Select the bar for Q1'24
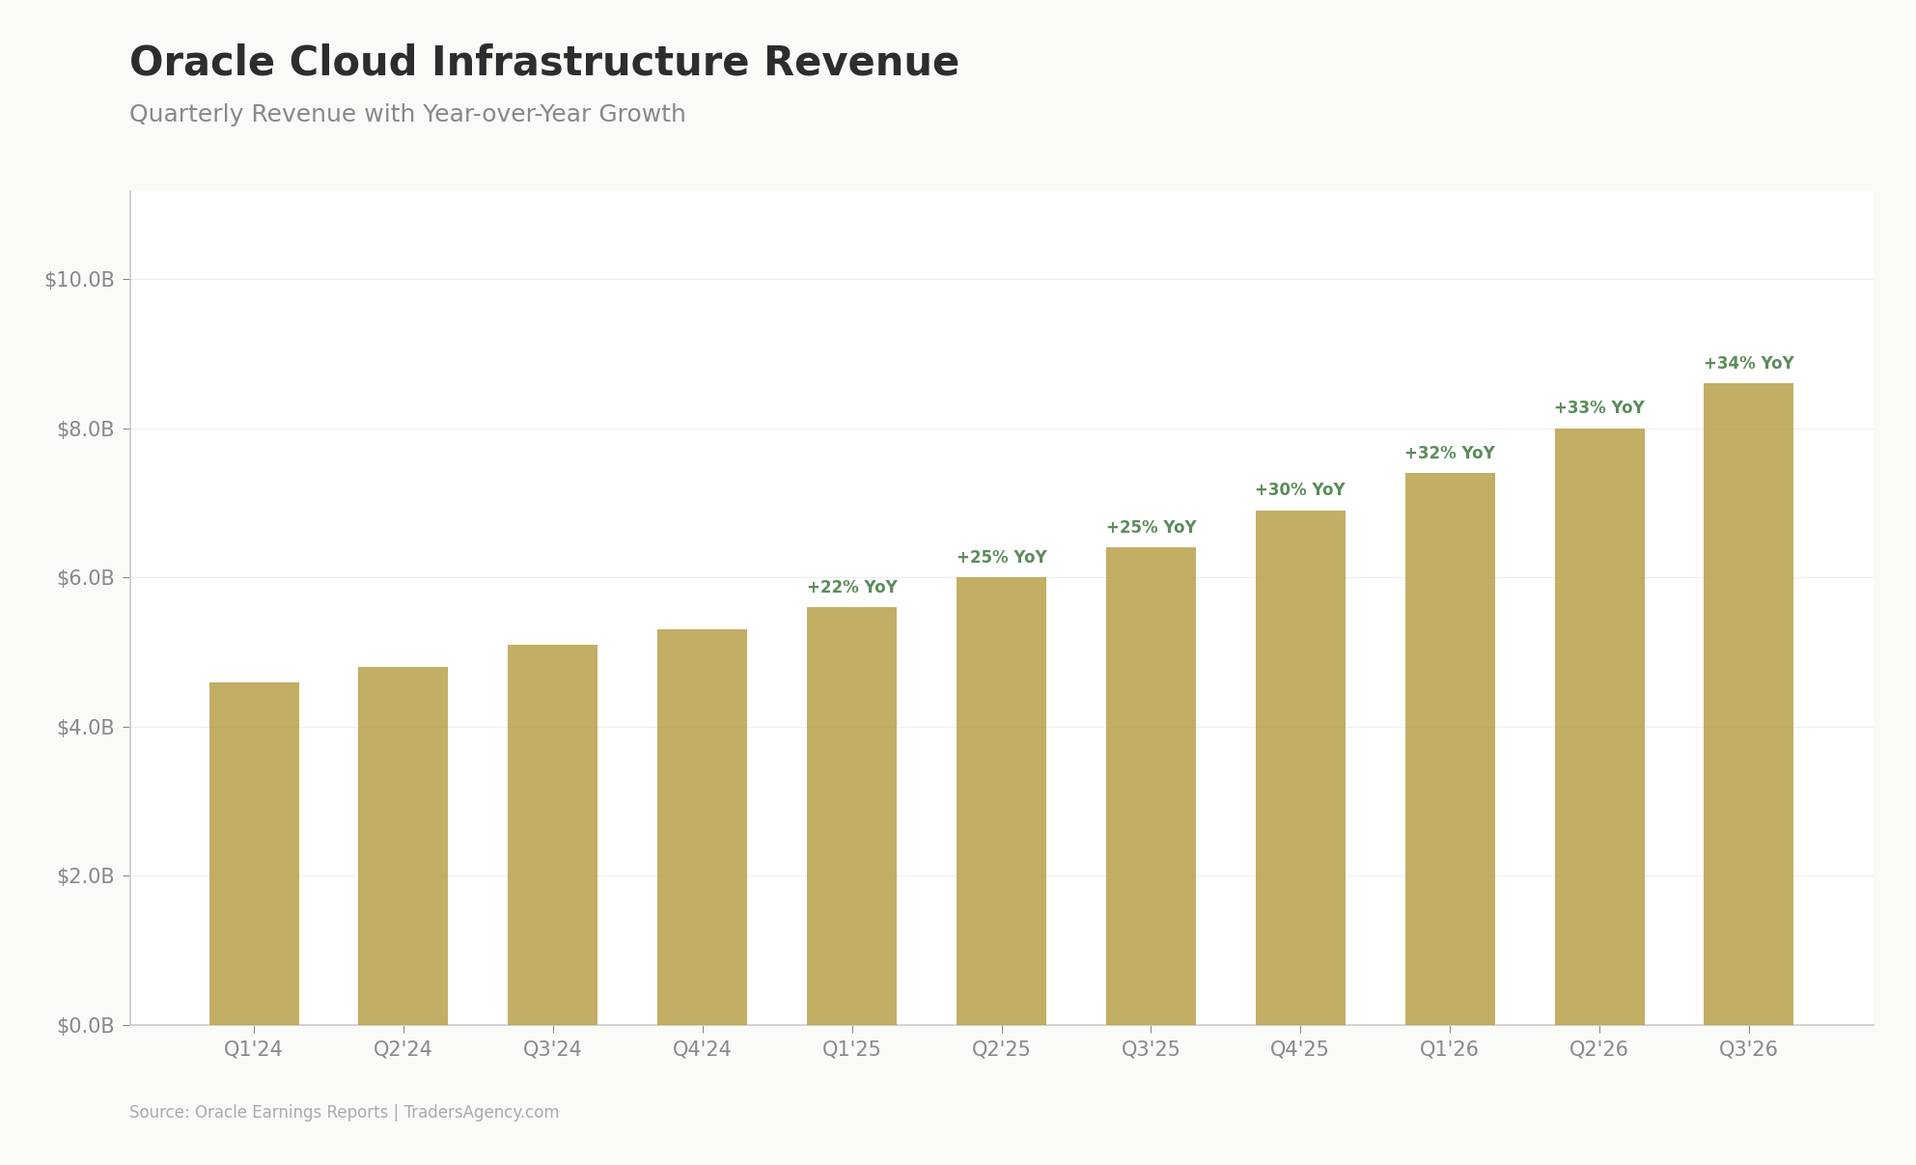(254, 853)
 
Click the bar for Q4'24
(702, 827)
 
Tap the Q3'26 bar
(1748, 704)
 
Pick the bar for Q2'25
(1001, 801)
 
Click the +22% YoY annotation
(851, 588)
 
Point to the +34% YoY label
(1748, 364)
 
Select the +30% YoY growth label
(1299, 490)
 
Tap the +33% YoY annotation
(1598, 408)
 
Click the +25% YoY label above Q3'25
(1151, 528)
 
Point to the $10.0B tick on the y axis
(79, 280)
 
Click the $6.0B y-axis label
(85, 578)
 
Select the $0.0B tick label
(85, 1026)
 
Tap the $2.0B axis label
(85, 876)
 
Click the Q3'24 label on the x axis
(552, 1049)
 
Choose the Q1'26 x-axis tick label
(1449, 1049)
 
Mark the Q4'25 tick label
(1299, 1049)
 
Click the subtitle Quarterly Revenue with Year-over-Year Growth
(407, 115)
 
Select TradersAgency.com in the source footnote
(481, 1113)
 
